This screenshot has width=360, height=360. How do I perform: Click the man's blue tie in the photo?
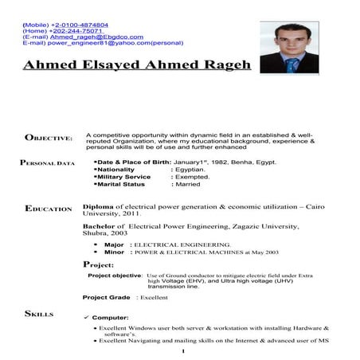click(294, 63)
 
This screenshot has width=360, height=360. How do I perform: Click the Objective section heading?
click(49, 139)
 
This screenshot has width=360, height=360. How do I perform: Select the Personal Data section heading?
click(47, 163)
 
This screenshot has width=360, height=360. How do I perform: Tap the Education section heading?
click(49, 209)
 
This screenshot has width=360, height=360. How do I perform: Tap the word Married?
click(188, 184)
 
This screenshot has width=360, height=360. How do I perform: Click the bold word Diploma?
click(98, 205)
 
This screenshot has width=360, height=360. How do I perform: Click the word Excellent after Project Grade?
click(154, 297)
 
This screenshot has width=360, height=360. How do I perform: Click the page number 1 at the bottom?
click(182, 350)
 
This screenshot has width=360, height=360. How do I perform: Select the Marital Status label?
click(120, 184)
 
